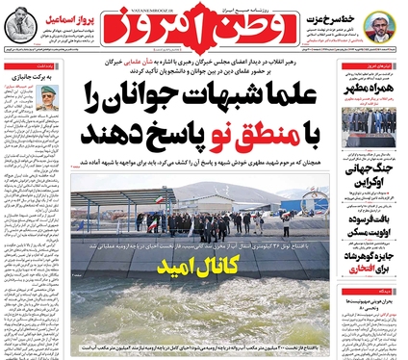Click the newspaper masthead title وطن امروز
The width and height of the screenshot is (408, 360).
point(204,30)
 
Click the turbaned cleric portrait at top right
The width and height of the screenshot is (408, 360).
point(382,31)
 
